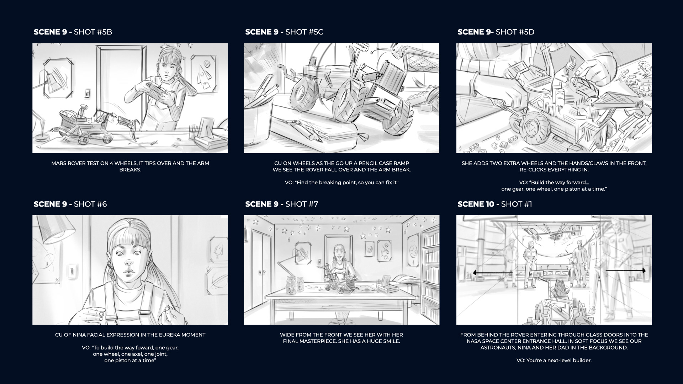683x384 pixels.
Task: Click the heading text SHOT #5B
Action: tap(93, 32)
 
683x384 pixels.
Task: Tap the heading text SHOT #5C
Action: tap(304, 32)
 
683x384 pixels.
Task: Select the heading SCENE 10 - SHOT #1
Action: tap(494, 204)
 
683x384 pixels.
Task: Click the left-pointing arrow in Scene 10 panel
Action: tap(493, 273)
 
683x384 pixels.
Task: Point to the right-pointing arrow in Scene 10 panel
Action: tap(625, 271)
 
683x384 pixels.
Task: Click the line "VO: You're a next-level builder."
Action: tap(554, 361)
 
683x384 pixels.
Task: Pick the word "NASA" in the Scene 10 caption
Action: tap(475, 341)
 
